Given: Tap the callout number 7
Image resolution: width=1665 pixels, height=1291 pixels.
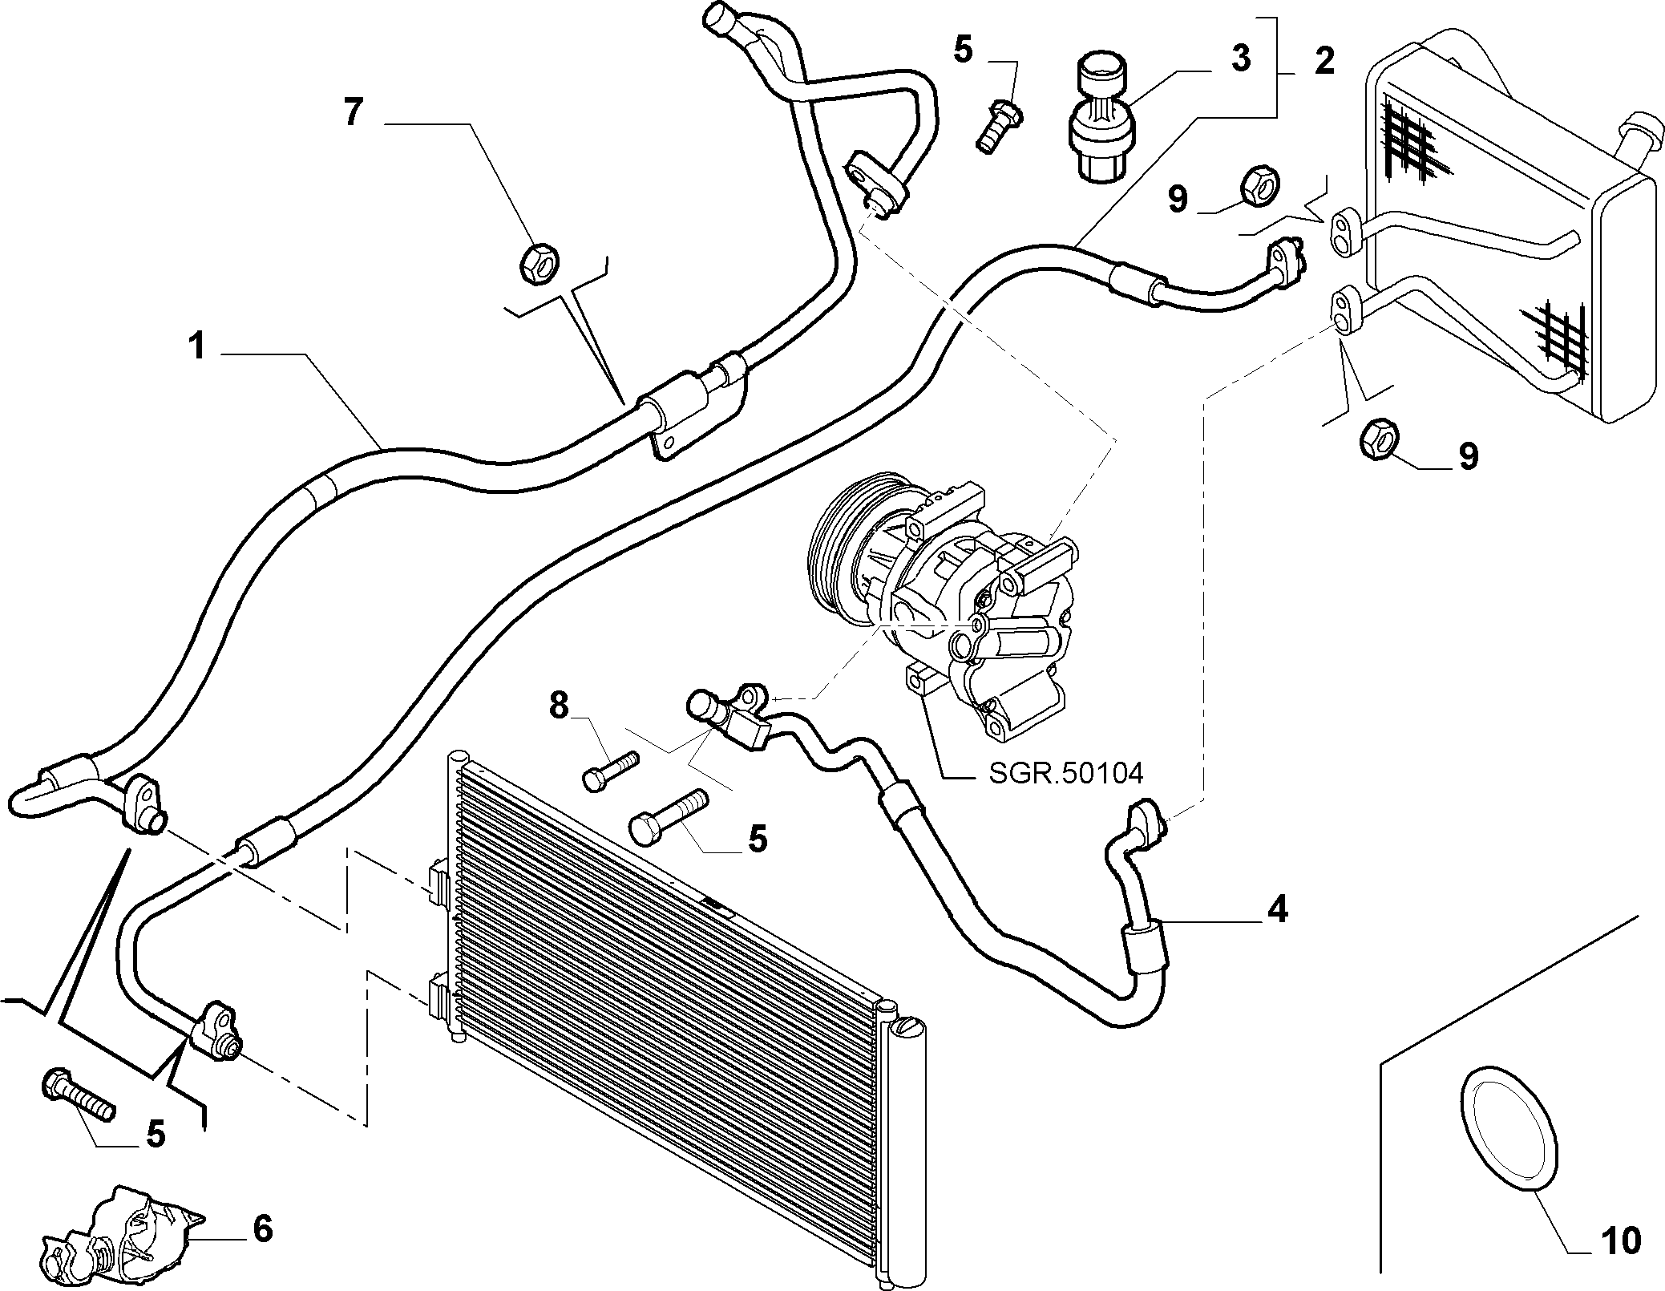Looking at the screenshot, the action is point(354,112).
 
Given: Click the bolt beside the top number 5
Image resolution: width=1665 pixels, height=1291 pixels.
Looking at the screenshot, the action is point(999,125).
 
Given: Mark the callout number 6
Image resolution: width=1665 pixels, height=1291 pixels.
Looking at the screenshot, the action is point(262,1229).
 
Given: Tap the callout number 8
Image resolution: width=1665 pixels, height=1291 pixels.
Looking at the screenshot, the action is point(559,706).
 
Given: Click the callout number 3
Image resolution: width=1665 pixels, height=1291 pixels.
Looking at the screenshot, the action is point(1240,59).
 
